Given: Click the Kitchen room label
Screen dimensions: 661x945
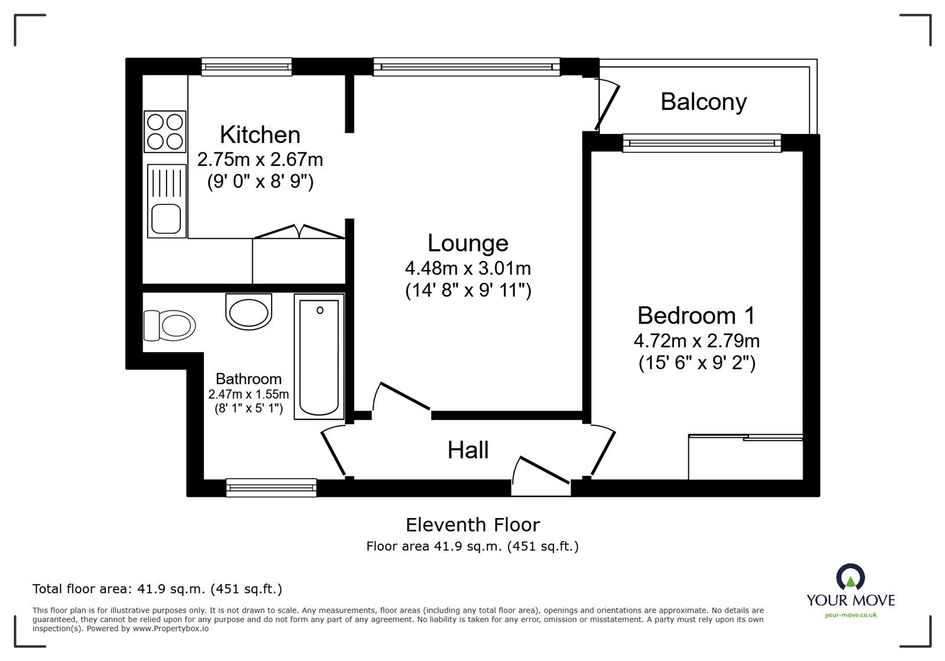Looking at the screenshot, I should (260, 135).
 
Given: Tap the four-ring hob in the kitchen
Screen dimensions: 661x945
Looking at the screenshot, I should (165, 132).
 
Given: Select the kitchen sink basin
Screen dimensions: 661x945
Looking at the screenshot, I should (165, 218).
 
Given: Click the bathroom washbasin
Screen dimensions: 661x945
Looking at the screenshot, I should (249, 312).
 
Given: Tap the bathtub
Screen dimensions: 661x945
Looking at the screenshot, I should (320, 356).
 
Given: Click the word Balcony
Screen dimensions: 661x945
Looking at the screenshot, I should (703, 102).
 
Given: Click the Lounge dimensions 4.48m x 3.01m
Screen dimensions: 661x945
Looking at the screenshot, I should (467, 268).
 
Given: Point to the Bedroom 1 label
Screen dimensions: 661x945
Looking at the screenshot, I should (696, 315).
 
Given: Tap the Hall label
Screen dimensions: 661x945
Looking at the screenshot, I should (468, 450).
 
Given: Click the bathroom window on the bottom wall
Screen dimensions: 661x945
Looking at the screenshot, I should (271, 487).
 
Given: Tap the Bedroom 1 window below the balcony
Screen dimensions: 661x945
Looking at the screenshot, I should (702, 142).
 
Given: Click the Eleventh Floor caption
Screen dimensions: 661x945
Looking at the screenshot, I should (472, 525).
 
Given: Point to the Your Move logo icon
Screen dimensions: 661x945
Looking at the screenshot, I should (850, 577).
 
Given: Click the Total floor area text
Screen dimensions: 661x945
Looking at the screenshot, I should (157, 589).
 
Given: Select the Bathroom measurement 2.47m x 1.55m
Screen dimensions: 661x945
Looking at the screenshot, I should (248, 394).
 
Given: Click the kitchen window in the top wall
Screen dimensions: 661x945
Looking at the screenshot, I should (247, 66).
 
